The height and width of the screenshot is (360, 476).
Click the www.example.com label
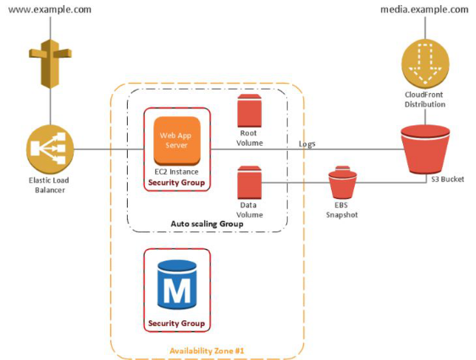coord(50,9)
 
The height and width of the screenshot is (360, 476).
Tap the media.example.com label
coord(424,9)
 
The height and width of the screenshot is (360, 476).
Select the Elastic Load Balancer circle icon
coord(50,149)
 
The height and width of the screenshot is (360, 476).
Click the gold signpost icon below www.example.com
coord(50,64)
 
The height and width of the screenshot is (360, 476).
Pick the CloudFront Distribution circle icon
coord(425,63)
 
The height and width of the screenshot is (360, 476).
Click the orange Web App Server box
coord(177,141)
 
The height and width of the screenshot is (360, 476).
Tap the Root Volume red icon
coord(249,110)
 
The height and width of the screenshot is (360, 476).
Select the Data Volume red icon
coord(249,182)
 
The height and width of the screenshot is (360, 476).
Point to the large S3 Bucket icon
coord(425,149)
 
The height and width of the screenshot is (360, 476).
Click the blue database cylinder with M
coord(177,285)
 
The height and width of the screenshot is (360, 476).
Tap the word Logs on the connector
coord(307,144)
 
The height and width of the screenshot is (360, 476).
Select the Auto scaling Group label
coord(207,224)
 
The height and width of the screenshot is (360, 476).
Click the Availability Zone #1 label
coord(207,351)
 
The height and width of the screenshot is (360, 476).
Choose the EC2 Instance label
coord(176,172)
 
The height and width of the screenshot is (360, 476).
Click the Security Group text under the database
coord(176,324)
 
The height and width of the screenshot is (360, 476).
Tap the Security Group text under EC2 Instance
coord(176,183)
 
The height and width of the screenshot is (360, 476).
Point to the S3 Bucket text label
coord(448,180)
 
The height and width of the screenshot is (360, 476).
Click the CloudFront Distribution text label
coord(424,100)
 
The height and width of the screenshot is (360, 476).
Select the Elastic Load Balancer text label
coord(49,186)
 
